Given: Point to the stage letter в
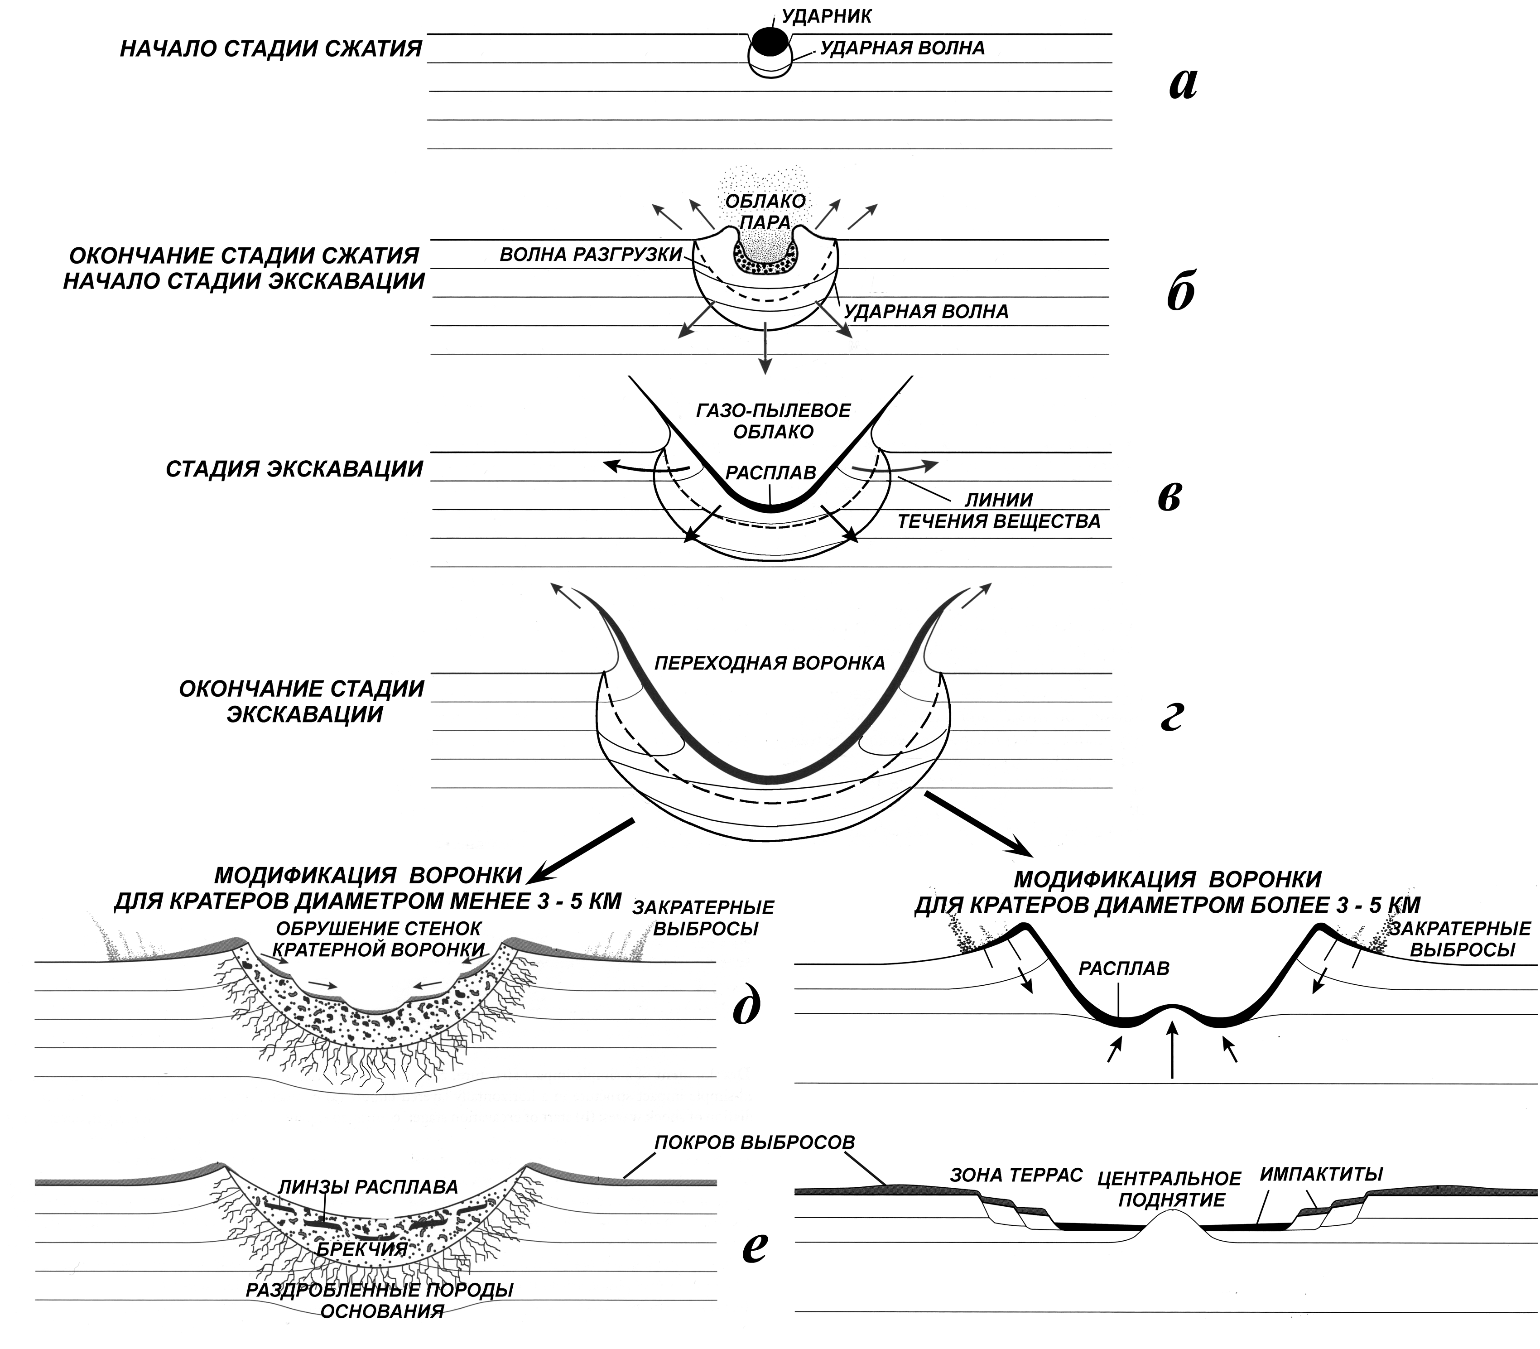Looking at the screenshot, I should (x=1169, y=497).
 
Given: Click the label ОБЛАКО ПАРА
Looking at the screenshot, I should (x=765, y=212).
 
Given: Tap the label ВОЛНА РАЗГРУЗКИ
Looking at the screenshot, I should (x=590, y=255).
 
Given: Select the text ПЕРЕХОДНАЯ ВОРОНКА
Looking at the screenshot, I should (x=769, y=663).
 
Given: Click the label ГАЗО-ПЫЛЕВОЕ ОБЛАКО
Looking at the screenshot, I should (x=774, y=421).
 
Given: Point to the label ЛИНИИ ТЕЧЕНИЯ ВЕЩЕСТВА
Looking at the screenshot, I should (x=999, y=510).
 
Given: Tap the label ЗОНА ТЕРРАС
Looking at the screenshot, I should (x=1015, y=1174).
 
